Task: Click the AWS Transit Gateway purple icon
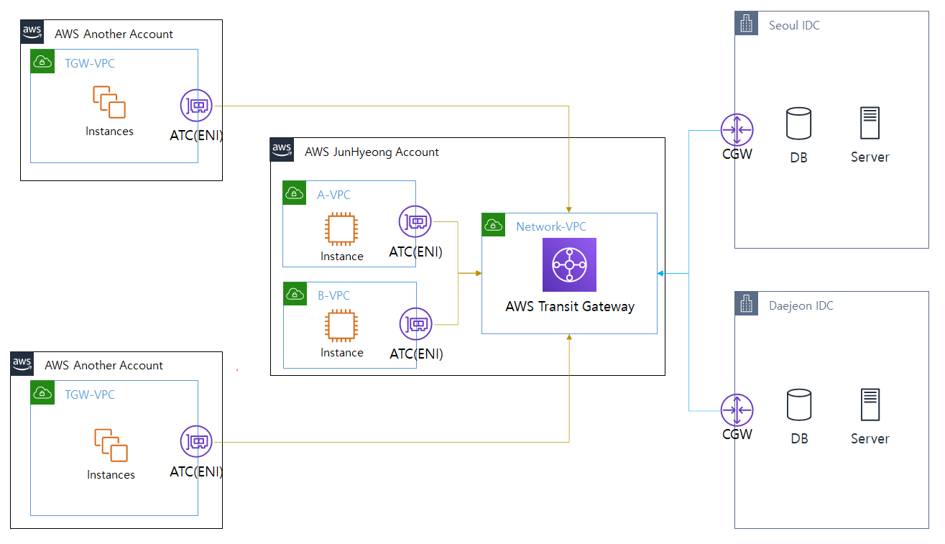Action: [569, 265]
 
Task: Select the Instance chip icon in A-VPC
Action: [341, 229]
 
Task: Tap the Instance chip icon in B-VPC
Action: [341, 326]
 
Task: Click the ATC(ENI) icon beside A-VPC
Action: [415, 221]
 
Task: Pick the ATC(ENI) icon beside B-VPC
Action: [415, 323]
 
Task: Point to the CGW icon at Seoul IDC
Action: [737, 130]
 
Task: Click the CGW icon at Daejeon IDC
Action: [737, 410]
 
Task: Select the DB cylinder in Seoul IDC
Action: [798, 123]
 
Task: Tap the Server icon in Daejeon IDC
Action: [870, 405]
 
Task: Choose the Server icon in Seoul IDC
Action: [870, 123]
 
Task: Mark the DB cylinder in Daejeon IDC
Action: [798, 405]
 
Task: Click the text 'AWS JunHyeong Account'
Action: [372, 152]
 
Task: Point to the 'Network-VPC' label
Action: [551, 227]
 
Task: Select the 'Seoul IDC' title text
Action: [794, 26]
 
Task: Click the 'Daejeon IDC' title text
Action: [801, 306]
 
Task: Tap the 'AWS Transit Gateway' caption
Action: [570, 307]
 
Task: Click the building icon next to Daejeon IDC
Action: [747, 304]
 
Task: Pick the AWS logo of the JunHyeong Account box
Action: [282, 149]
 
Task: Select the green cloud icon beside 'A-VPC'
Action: [294, 193]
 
